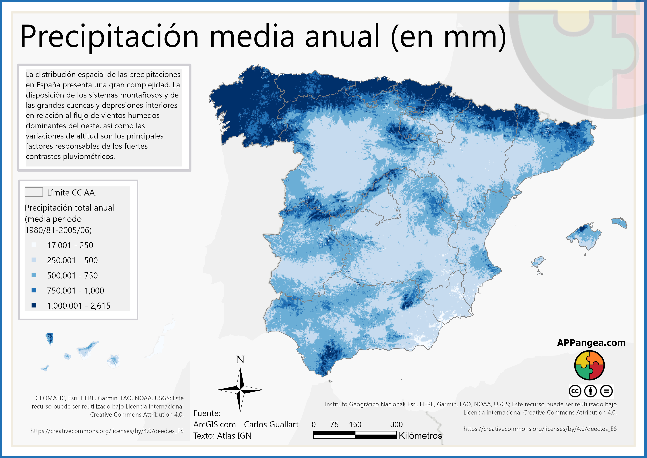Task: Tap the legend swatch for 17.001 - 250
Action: [34, 245]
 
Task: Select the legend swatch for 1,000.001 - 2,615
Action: [34, 305]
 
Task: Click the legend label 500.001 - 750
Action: [72, 275]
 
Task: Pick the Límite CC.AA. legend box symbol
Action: [34, 192]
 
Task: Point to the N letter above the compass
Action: [240, 360]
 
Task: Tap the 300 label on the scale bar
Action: [396, 424]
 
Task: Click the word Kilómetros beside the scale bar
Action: [420, 436]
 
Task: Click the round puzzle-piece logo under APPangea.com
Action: [589, 365]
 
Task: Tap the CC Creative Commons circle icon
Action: [575, 391]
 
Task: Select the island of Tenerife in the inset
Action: [87, 349]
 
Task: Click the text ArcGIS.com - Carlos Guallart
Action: [246, 424]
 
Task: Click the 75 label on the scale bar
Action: [334, 424]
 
